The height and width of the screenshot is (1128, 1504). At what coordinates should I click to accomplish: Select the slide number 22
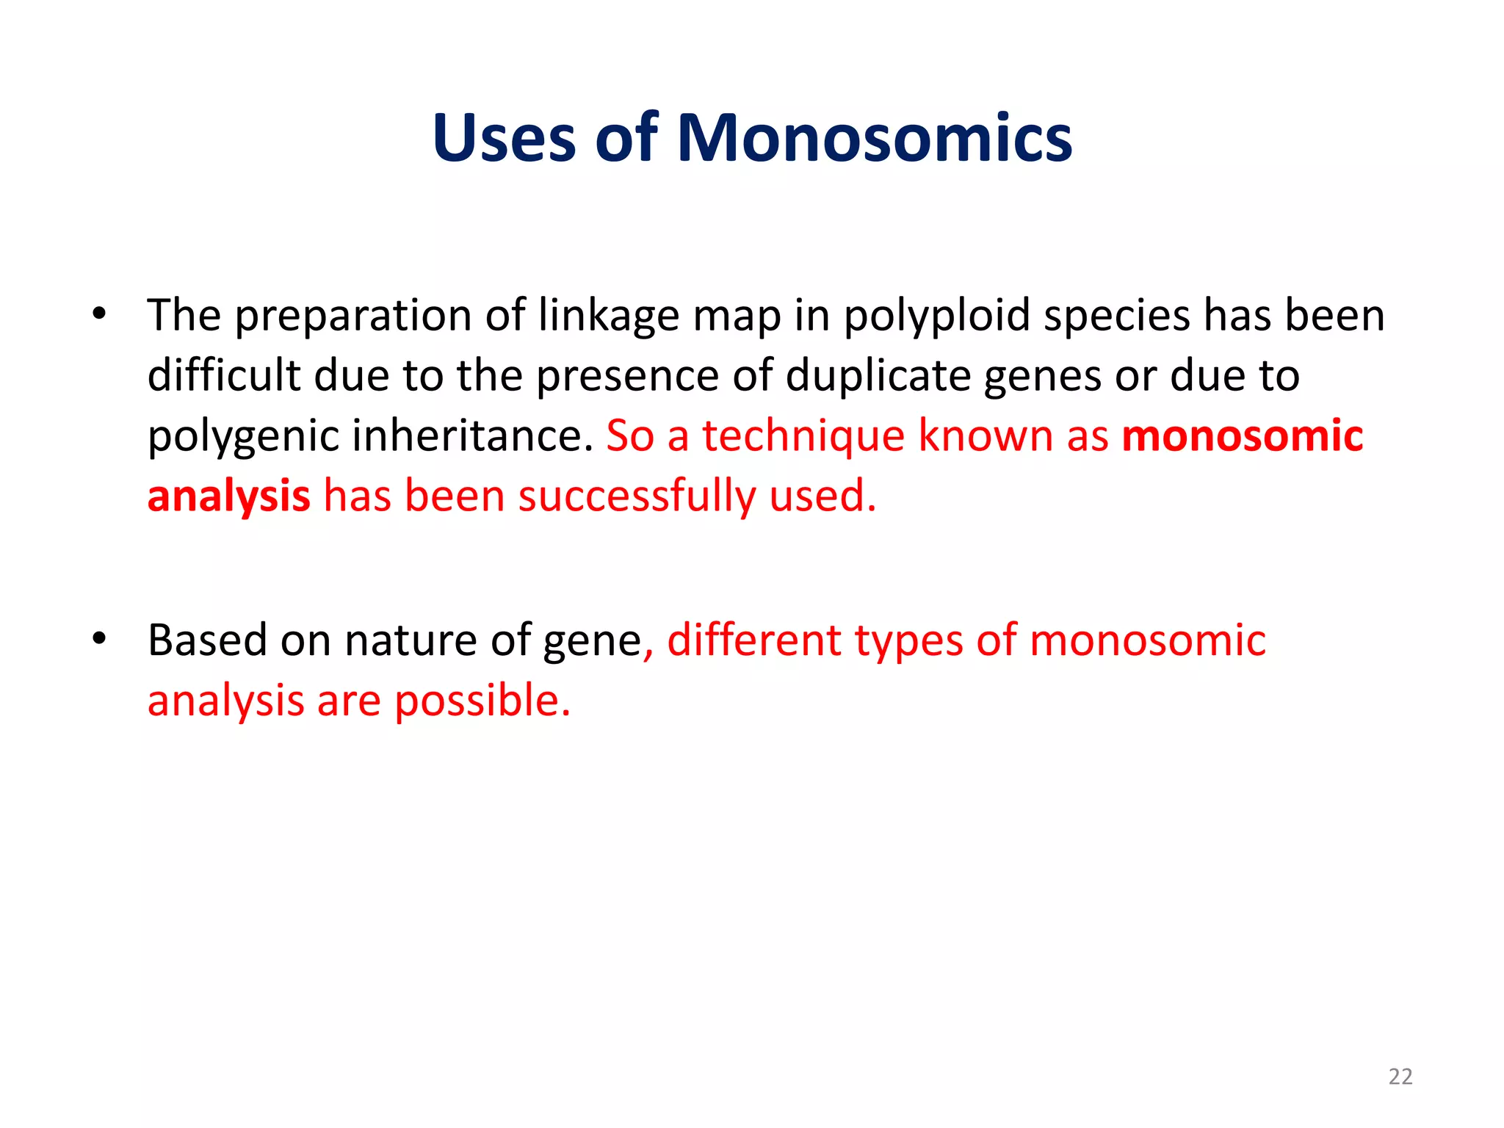tap(1400, 1077)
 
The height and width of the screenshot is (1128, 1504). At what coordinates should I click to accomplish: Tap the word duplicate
tap(878, 376)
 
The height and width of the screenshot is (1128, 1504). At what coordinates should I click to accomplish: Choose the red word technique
tap(803, 436)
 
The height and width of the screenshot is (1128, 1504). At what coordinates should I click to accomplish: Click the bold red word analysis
tap(228, 496)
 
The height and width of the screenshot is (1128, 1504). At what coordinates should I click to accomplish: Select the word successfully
tap(637, 496)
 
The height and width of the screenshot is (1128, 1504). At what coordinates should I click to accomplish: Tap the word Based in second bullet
tap(206, 640)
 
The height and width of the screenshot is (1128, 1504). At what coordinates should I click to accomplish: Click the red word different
tap(753, 640)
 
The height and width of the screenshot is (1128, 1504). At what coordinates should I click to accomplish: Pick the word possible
tap(482, 701)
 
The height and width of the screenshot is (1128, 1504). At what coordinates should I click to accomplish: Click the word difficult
tap(223, 376)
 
